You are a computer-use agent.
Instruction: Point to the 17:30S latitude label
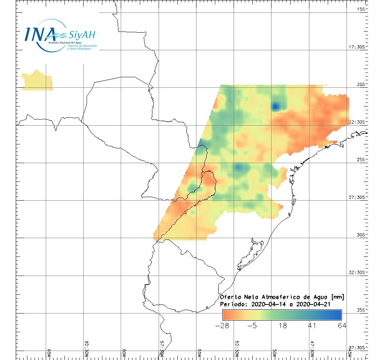point(358,47)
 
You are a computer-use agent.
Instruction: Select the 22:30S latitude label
point(358,122)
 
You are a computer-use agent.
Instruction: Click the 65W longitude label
point(49,354)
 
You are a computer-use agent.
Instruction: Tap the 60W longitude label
point(124,354)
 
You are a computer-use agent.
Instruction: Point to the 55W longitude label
point(199,354)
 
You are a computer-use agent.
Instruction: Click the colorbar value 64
point(341,325)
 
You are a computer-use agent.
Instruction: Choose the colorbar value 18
point(283,325)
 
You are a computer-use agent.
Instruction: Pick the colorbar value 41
point(312,325)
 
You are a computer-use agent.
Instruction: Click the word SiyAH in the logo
point(82,35)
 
